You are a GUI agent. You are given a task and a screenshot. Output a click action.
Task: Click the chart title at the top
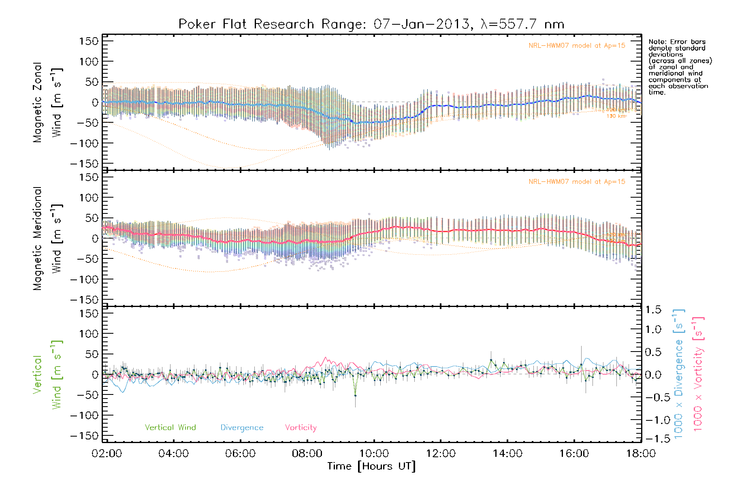(371, 24)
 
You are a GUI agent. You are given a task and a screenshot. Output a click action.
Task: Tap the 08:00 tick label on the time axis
(307, 454)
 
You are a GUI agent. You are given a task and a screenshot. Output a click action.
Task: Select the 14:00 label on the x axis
(507, 454)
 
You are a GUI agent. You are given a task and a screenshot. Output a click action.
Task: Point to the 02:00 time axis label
(107, 454)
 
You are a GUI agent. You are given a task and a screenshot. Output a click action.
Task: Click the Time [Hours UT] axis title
(371, 467)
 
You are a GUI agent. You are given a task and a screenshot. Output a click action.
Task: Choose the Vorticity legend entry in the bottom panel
(301, 428)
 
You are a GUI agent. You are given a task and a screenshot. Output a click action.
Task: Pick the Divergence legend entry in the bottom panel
(242, 428)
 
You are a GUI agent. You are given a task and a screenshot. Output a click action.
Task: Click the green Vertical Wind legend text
(170, 428)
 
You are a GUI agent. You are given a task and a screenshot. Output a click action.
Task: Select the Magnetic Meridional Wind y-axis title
(48, 239)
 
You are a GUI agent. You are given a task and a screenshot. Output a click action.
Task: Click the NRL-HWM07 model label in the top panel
(577, 46)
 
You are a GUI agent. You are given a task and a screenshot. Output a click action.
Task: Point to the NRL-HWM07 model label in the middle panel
(577, 182)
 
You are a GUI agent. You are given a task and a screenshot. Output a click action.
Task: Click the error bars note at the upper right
(680, 67)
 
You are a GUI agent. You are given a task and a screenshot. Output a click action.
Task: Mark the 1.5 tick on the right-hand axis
(653, 310)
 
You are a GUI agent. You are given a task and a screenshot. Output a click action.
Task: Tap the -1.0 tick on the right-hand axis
(653, 420)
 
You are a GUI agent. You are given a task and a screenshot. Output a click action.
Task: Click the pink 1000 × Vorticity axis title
(698, 374)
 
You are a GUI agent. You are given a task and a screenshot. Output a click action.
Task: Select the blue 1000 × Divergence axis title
(679, 374)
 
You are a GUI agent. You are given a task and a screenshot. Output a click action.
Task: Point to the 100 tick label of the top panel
(89, 62)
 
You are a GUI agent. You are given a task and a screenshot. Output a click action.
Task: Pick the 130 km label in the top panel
(616, 116)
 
